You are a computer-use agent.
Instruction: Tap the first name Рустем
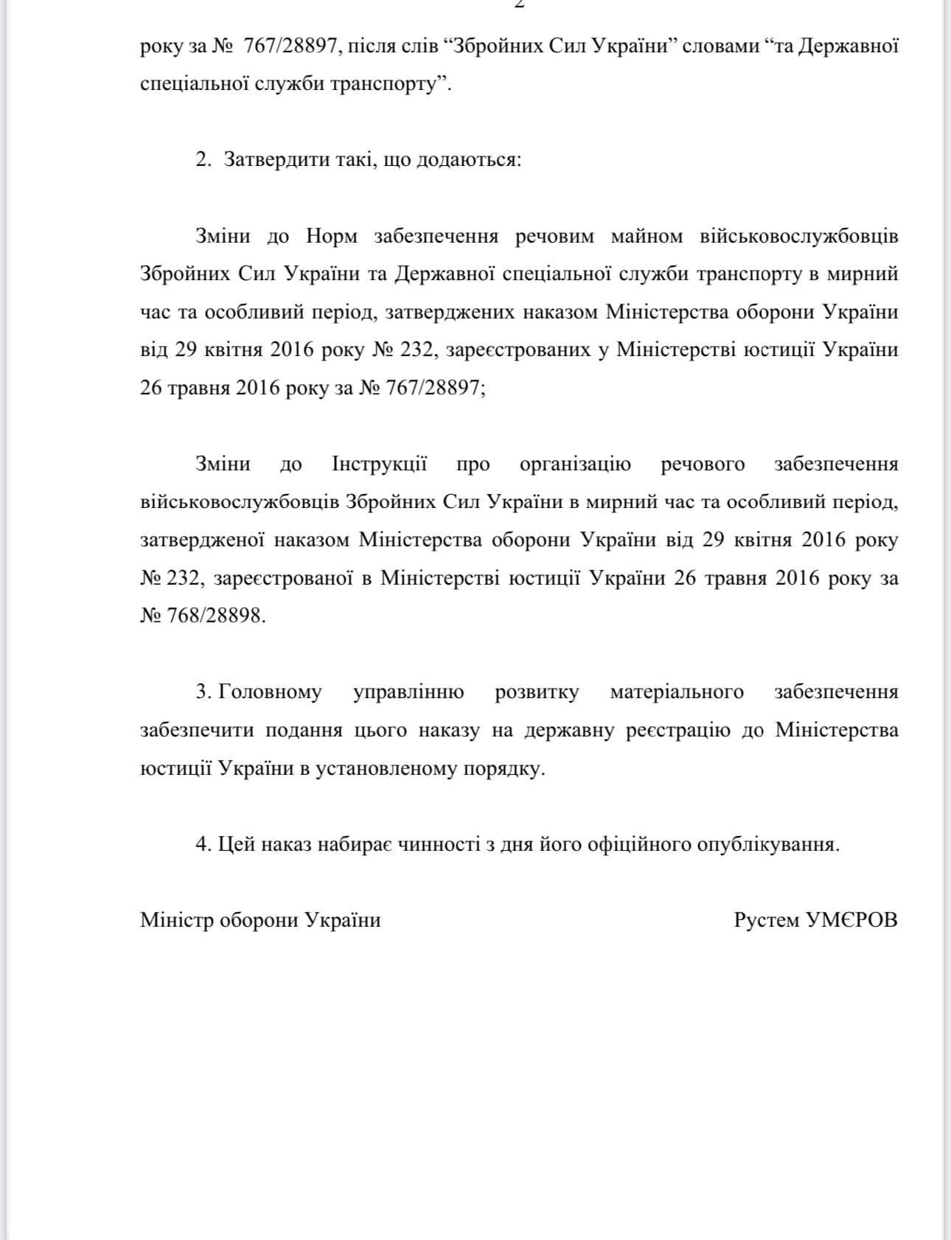pyautogui.click(x=766, y=920)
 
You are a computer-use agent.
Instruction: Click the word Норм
pyautogui.click(x=332, y=237)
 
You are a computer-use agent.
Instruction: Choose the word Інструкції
pyautogui.click(x=380, y=464)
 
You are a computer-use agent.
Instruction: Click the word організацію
pyautogui.click(x=575, y=464)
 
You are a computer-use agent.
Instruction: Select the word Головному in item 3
pyautogui.click(x=271, y=692)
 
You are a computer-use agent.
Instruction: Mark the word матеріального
pyautogui.click(x=677, y=692)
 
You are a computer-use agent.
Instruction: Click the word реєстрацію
pyautogui.click(x=677, y=731)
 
